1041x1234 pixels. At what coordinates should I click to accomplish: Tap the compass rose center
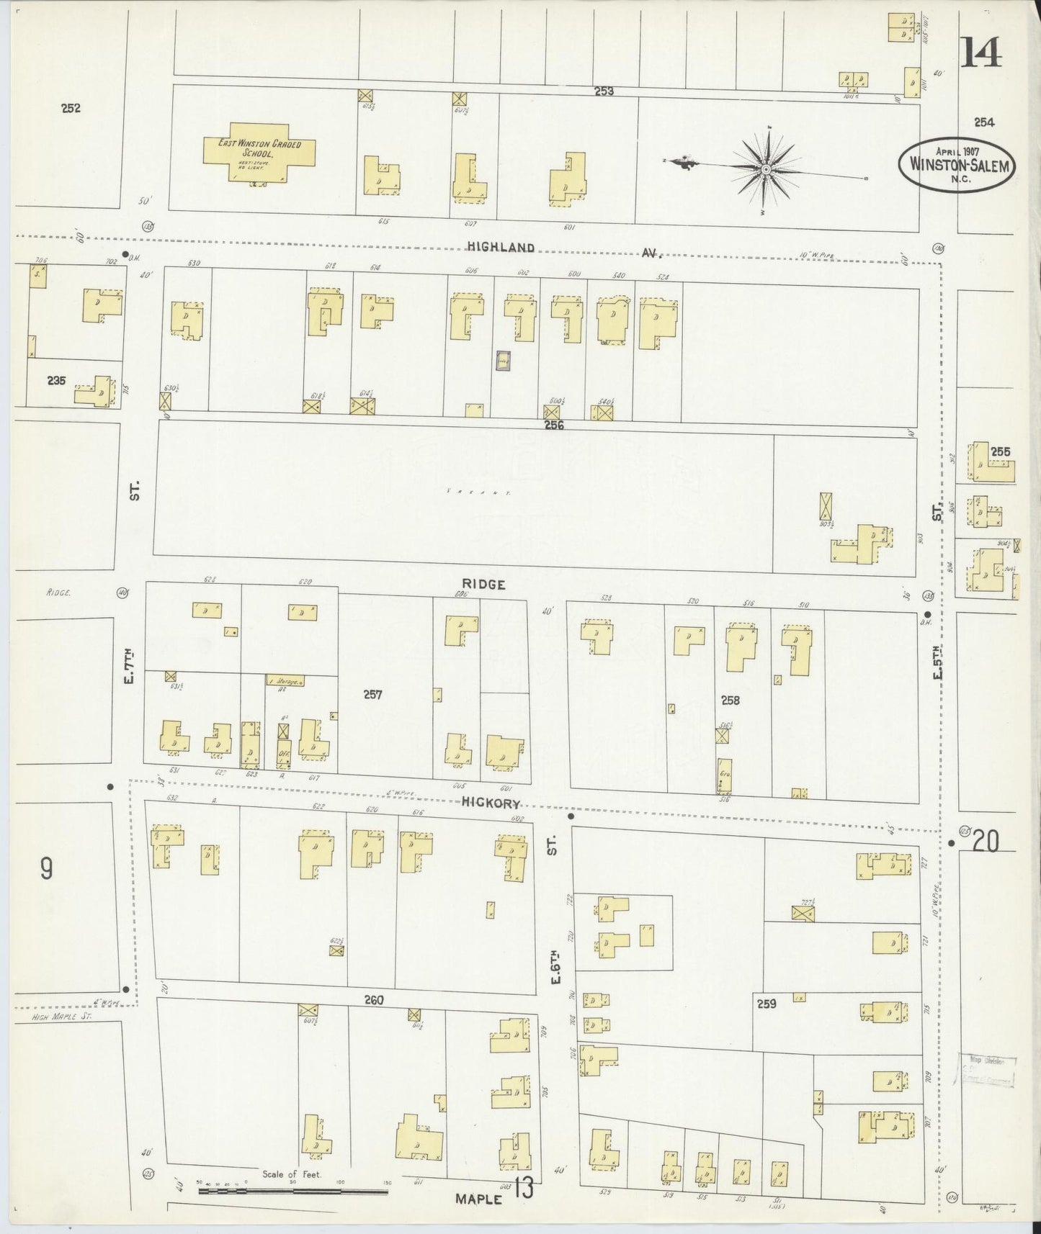pyautogui.click(x=766, y=170)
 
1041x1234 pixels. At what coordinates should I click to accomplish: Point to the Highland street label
pyautogui.click(x=501, y=247)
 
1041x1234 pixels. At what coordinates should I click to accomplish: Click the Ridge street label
pyautogui.click(x=485, y=585)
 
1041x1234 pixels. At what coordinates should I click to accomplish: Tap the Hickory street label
pyautogui.click(x=491, y=803)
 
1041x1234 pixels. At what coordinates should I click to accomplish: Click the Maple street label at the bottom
pyautogui.click(x=478, y=1199)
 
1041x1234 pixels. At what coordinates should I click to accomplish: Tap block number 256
pyautogui.click(x=554, y=425)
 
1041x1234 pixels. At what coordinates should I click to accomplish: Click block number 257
pyautogui.click(x=372, y=695)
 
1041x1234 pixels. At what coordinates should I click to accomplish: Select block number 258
pyautogui.click(x=730, y=700)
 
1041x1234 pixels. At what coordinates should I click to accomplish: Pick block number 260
pyautogui.click(x=374, y=1000)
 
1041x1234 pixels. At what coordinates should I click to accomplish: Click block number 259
pyautogui.click(x=767, y=1003)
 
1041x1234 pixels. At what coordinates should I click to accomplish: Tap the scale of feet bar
pyautogui.click(x=292, y=1192)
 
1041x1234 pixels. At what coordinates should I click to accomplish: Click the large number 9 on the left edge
pyautogui.click(x=46, y=870)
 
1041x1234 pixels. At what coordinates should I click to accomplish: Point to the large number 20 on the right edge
pyautogui.click(x=986, y=842)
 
